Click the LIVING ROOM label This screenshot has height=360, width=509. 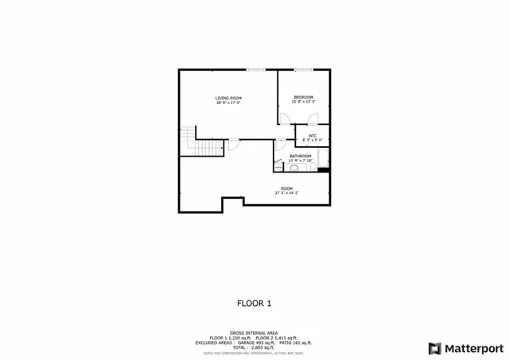click(x=228, y=98)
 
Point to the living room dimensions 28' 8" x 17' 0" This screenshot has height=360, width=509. click(x=228, y=103)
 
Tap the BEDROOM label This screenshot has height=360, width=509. click(x=304, y=97)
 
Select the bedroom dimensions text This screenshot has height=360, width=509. click(x=304, y=102)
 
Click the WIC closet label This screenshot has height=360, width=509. click(x=313, y=136)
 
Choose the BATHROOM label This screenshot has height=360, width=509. click(x=300, y=156)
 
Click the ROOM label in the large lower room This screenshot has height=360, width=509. click(x=286, y=188)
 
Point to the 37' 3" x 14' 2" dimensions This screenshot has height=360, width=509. click(x=286, y=193)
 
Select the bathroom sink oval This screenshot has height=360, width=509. click(x=293, y=168)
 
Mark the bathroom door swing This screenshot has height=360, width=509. click(x=280, y=145)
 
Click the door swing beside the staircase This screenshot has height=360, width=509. click(x=233, y=145)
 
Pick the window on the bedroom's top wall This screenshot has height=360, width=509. click(x=303, y=70)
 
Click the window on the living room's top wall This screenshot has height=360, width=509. click(x=255, y=70)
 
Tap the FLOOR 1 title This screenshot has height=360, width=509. click(x=254, y=303)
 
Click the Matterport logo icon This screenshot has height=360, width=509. click(x=433, y=348)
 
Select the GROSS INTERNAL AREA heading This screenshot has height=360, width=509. click(x=254, y=333)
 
